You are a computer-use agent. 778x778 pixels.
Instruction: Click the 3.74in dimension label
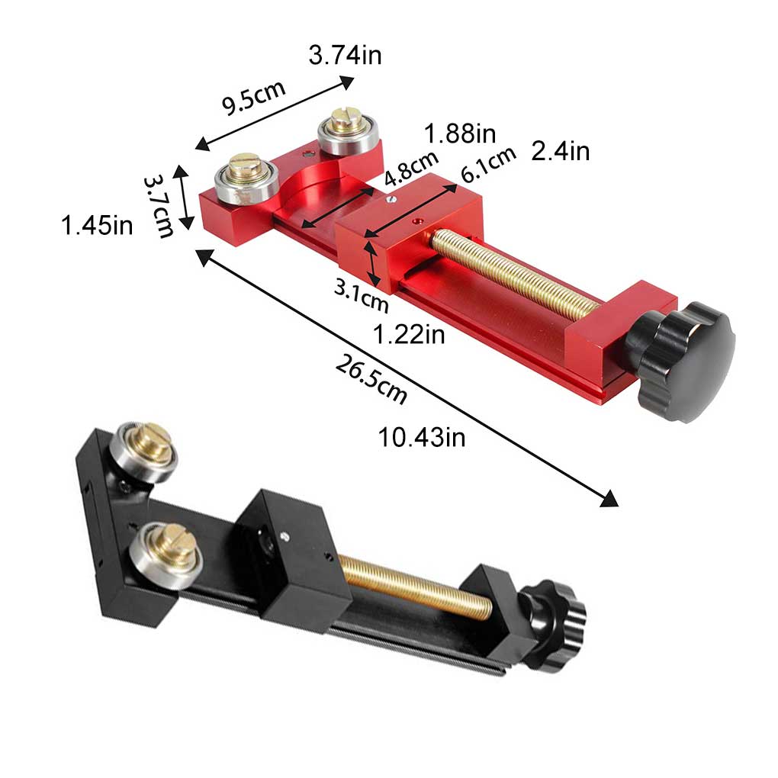coord(345,56)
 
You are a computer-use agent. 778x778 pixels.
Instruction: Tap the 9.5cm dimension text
coord(253,97)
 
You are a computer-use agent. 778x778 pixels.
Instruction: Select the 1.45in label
coord(97,226)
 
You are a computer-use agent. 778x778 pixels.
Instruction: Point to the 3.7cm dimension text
coord(159,204)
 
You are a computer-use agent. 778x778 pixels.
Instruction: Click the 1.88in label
coord(461,134)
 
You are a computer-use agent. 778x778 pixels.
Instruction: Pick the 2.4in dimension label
coord(561,152)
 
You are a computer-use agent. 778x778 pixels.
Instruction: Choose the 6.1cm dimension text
coord(487,164)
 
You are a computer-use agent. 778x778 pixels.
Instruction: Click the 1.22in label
coord(409,334)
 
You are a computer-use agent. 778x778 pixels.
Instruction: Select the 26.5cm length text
coord(371,380)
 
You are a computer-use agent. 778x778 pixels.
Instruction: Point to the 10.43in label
coord(422,438)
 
